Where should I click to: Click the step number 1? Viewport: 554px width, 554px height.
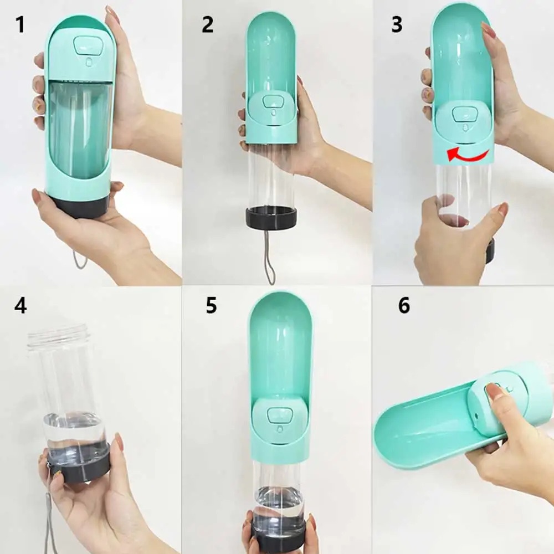pyautogui.click(x=20, y=25)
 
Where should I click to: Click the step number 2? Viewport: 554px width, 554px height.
pyautogui.click(x=207, y=25)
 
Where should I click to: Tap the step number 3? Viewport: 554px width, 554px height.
pyautogui.click(x=397, y=25)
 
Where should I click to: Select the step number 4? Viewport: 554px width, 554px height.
pyautogui.click(x=20, y=305)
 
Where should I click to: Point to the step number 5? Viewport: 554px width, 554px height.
pyautogui.click(x=211, y=305)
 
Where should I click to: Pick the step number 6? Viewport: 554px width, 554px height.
pyautogui.click(x=404, y=305)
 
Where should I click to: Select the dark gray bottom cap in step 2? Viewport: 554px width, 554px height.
pyautogui.click(x=271, y=218)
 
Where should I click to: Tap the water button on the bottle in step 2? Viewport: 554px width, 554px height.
pyautogui.click(x=273, y=102)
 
